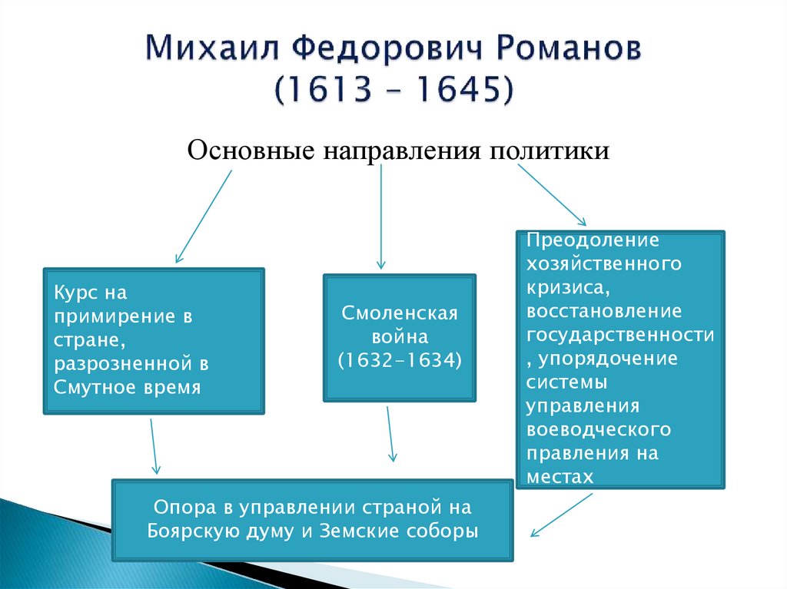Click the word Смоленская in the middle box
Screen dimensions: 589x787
400,314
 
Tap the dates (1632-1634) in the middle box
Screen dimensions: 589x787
400,359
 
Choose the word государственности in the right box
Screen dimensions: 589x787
619,335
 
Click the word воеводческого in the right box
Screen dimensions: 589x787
599,429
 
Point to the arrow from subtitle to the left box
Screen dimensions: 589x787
203,217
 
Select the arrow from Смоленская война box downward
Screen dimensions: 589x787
390,434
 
